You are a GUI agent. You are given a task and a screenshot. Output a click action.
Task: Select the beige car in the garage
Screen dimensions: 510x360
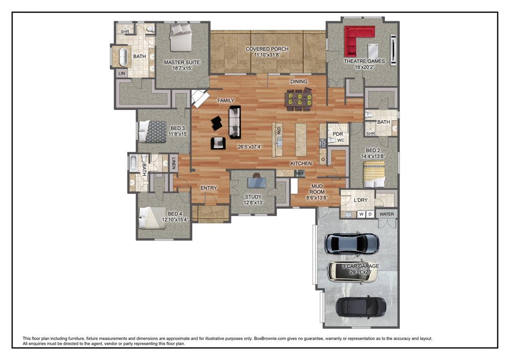pos(353,272)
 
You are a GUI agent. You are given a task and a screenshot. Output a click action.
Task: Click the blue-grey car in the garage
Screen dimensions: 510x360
pos(352,243)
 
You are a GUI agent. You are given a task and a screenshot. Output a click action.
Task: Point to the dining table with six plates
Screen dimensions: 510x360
pos(299,99)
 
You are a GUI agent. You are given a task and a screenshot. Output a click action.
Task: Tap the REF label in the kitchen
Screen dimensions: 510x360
pos(300,174)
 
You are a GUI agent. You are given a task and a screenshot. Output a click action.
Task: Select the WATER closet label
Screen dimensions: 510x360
pos(386,214)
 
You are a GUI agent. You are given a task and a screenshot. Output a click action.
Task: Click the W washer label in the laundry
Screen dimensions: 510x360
pos(362,214)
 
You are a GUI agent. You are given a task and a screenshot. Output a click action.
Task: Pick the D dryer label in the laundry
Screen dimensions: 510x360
pos(370,214)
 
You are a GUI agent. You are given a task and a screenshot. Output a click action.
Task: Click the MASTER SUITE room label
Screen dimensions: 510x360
pos(182,62)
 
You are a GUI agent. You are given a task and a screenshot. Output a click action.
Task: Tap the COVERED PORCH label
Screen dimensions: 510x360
pos(267,49)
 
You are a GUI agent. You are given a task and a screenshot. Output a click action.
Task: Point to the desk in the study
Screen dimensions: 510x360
pos(256,182)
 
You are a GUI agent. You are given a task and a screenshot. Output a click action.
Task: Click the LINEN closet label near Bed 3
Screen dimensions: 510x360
pos(174,163)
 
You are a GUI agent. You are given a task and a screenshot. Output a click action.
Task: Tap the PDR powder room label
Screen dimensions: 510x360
pos(338,134)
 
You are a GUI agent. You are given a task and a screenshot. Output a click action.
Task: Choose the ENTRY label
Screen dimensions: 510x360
pos(209,188)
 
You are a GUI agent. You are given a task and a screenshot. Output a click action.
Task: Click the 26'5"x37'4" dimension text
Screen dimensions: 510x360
pos(250,147)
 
